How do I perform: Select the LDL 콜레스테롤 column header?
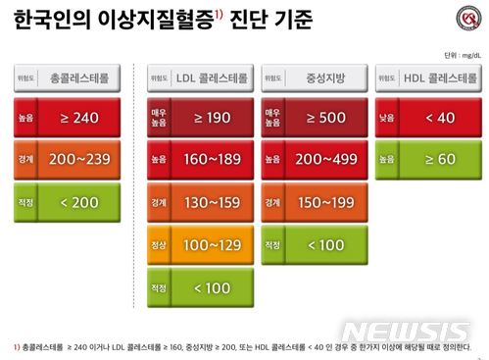212,76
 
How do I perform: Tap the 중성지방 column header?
324,76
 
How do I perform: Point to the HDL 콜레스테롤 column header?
437,76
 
